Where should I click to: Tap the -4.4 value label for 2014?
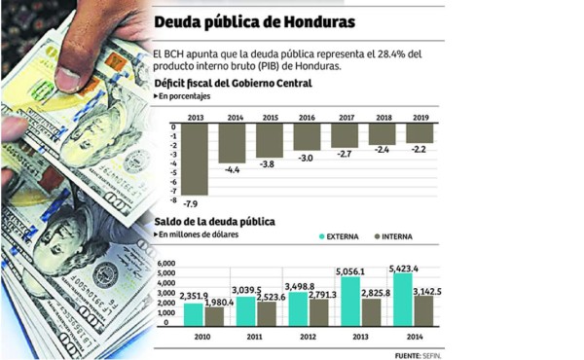coord(234,170)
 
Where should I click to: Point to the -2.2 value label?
coord(420,152)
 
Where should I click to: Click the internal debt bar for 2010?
coord(214,316)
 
